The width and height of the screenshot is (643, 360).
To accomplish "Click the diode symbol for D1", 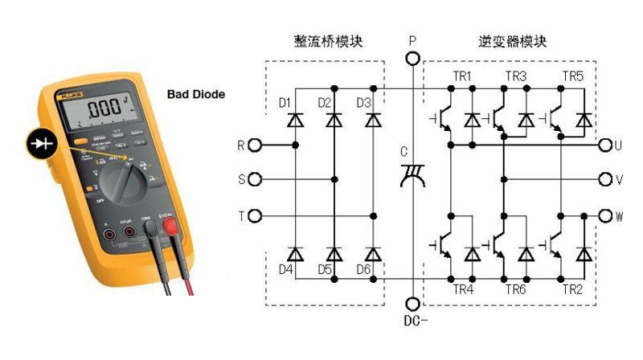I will (296, 121).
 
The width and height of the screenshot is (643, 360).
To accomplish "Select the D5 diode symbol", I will (334, 254).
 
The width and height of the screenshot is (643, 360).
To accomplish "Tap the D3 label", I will (363, 103).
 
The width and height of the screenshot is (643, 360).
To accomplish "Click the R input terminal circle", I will (256, 145).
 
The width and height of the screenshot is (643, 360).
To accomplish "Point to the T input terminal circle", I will (256, 216).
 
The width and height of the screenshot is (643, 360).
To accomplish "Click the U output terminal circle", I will (605, 145).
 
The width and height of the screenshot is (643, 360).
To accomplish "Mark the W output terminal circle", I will (605, 216).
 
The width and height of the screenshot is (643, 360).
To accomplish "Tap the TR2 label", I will (572, 289).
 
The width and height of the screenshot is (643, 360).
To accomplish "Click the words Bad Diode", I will (196, 95).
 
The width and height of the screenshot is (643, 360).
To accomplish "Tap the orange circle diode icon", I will (41, 142).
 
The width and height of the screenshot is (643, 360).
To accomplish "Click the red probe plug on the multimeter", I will (170, 229).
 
